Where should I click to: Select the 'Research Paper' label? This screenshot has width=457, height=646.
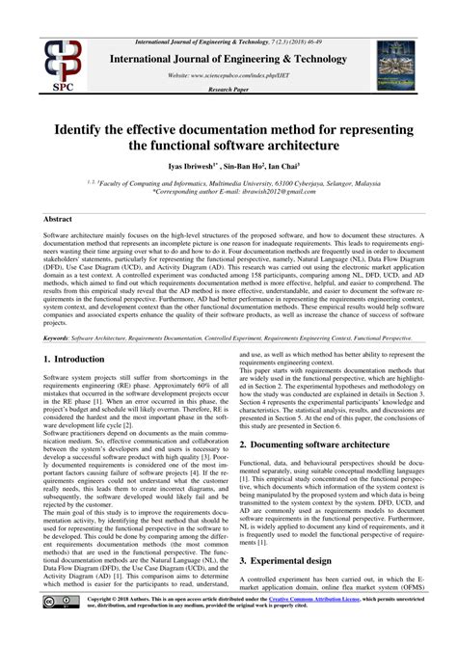pyautogui.click(x=228, y=87)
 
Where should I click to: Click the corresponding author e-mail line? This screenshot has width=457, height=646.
pyautogui.click(x=228, y=192)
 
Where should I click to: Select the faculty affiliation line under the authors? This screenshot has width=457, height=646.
pyautogui.click(x=228, y=182)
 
